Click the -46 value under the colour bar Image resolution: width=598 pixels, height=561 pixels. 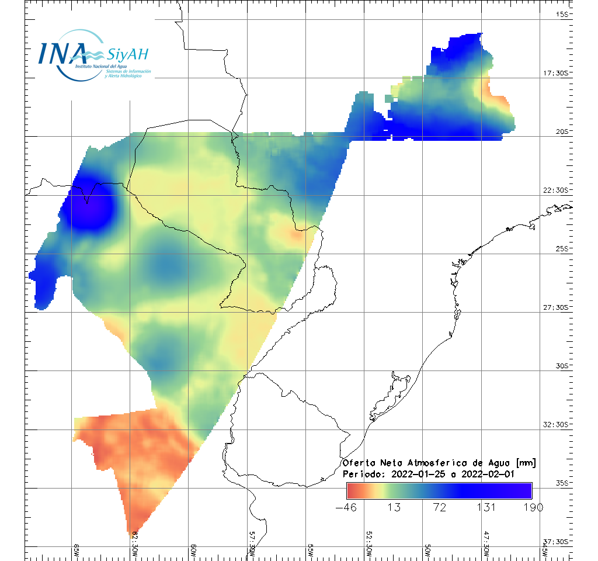tap(347, 507)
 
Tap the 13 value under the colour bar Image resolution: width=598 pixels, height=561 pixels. tap(394, 507)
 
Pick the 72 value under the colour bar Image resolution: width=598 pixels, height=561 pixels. tap(440, 507)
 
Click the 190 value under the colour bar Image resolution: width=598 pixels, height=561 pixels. tap(532, 507)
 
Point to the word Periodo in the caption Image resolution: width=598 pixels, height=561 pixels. tap(363, 474)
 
